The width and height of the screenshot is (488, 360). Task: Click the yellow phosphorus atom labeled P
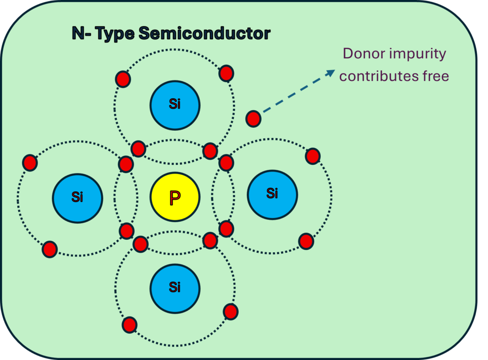[175, 197]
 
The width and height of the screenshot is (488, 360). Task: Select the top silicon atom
[175, 105]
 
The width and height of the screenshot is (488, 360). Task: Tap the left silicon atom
[77, 197]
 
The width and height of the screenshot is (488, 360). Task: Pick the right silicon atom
[272, 194]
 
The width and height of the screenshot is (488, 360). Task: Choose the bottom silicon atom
[175, 288]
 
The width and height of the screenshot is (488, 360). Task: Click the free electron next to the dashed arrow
[253, 118]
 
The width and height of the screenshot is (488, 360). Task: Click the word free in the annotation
[434, 76]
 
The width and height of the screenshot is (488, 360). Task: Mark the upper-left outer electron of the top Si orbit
[123, 79]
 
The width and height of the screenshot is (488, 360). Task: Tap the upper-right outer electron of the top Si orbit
[226, 73]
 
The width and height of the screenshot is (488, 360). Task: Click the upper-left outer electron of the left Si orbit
[30, 163]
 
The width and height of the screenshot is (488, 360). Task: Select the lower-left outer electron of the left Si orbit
[50, 249]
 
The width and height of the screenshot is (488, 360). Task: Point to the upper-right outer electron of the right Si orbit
[312, 155]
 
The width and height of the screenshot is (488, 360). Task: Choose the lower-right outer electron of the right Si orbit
[306, 241]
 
